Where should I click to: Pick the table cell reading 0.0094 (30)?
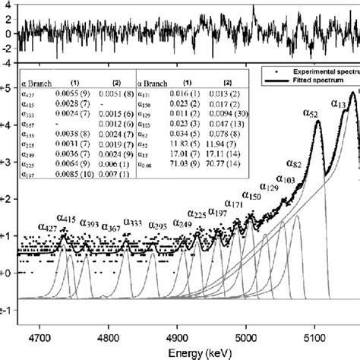click(223, 110)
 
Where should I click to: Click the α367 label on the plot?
click(109, 226)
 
